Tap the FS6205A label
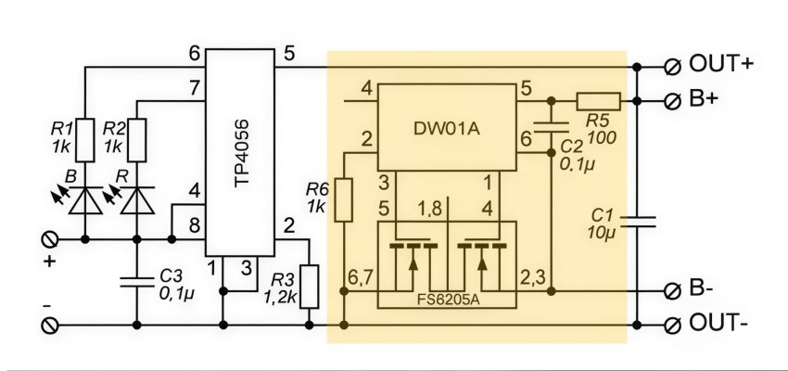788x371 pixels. [x=445, y=300]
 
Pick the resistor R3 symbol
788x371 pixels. [x=310, y=287]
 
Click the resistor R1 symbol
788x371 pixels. [x=84, y=139]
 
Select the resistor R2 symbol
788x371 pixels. [x=137, y=139]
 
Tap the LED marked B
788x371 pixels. [x=84, y=197]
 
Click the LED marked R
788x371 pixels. [x=137, y=197]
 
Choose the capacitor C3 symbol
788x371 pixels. [x=137, y=277]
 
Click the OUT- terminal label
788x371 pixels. [x=721, y=324]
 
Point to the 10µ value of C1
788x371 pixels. [x=602, y=231]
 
